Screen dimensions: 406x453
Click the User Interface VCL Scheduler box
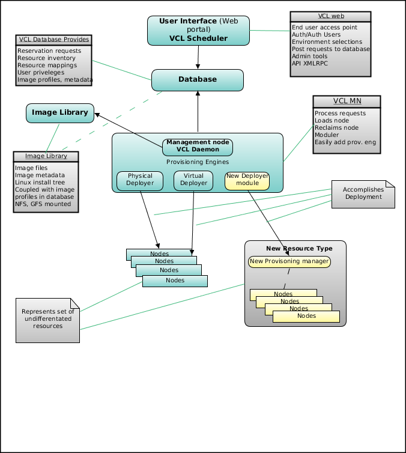click(x=198, y=30)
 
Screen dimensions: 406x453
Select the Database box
click(x=198, y=80)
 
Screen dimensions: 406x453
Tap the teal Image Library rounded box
click(x=60, y=113)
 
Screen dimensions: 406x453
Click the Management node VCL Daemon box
click(x=198, y=147)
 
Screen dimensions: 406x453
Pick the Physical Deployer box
click(x=140, y=181)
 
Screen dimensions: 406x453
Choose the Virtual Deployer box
click(x=193, y=181)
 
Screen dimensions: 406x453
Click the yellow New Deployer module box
click(x=247, y=181)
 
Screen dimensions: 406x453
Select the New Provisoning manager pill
click(x=289, y=262)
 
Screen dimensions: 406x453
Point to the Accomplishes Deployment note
click(x=363, y=194)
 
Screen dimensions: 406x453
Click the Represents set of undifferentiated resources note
click(x=47, y=320)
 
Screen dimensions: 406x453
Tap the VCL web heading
click(x=331, y=16)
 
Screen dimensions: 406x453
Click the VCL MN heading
click(x=347, y=101)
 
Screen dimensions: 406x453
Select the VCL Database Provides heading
click(x=54, y=39)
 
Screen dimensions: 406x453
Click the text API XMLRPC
click(x=309, y=63)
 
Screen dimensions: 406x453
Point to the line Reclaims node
click(x=336, y=128)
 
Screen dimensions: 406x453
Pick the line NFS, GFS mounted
click(x=43, y=204)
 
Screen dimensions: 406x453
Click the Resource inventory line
click(x=46, y=58)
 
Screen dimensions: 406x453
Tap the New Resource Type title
click(x=299, y=249)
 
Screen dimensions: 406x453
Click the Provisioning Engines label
click(x=198, y=162)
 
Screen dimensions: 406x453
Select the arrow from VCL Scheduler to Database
click(x=198, y=57)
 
